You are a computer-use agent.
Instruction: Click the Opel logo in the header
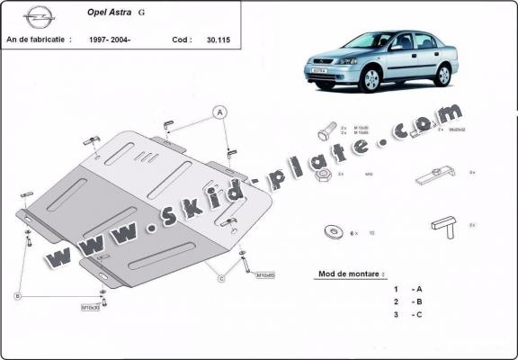click(37, 16)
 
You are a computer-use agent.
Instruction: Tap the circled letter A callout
click(218, 112)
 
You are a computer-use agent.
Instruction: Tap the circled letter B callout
click(17, 294)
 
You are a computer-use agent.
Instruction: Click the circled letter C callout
click(221, 278)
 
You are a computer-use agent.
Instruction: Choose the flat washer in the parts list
click(334, 231)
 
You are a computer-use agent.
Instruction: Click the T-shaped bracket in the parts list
click(443, 223)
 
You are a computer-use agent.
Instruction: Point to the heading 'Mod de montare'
click(351, 273)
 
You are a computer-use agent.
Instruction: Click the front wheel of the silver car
click(371, 80)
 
